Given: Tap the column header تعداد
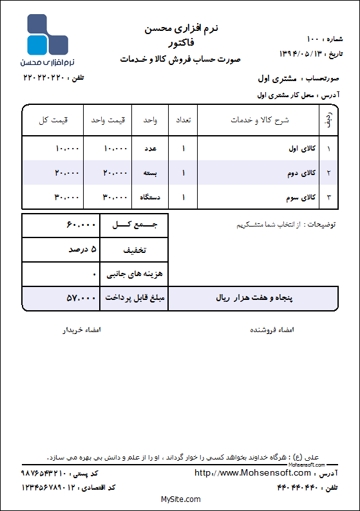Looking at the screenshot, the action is pos(183,120).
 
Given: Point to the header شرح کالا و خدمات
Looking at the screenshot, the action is pos(260,120).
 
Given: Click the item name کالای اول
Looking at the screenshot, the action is pos(302,149).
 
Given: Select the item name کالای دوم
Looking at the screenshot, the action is pos(302,172).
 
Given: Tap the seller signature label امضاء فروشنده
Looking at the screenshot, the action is pos(271,330).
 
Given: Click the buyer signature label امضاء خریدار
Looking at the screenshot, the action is pos(81,330).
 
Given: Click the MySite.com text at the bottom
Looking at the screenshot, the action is pos(180,499).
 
